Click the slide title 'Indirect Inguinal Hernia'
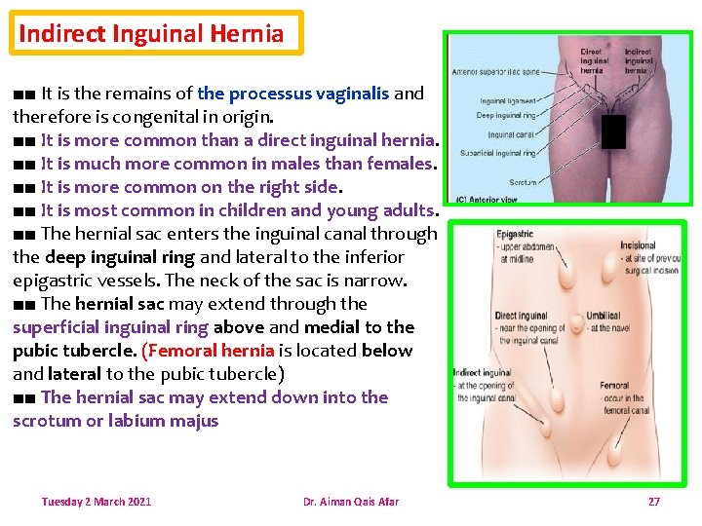click(x=151, y=33)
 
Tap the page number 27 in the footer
click(x=653, y=502)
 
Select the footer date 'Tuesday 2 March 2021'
click(x=97, y=502)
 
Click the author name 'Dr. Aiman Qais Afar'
click(x=351, y=502)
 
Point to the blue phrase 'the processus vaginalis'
click(x=292, y=94)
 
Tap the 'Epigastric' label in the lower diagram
click(x=516, y=234)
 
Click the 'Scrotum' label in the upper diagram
click(x=523, y=182)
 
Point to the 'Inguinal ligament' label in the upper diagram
click(x=507, y=100)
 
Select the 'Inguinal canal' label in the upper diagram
click(x=512, y=134)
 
